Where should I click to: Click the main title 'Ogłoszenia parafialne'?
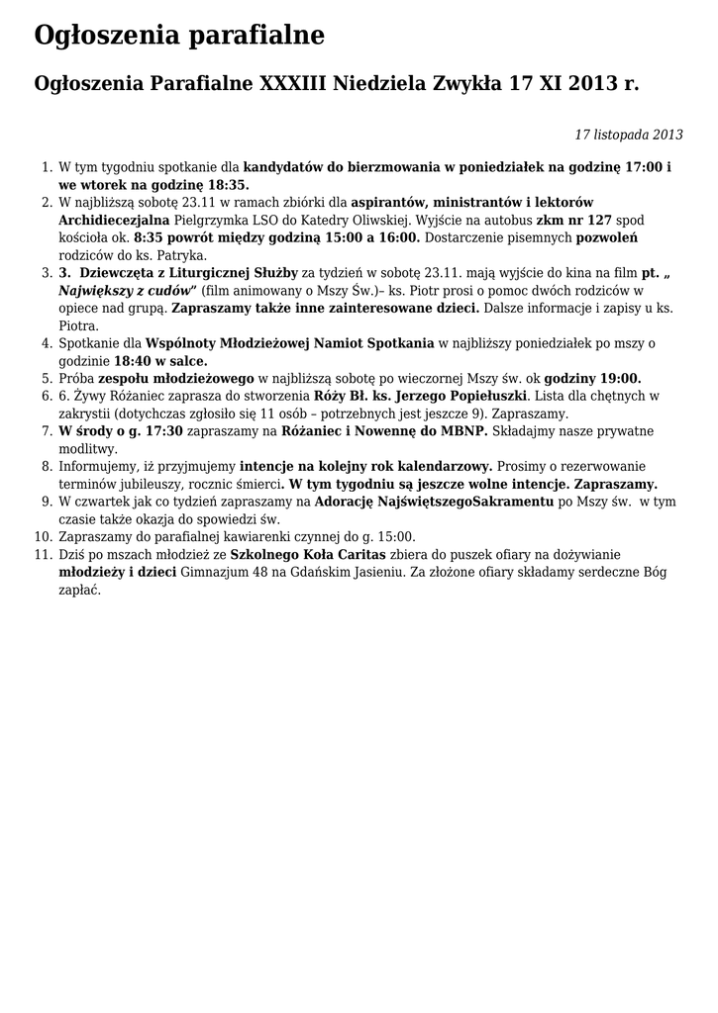coord(179,36)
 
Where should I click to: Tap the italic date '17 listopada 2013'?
coord(629,135)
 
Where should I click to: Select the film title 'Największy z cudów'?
coord(128,290)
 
